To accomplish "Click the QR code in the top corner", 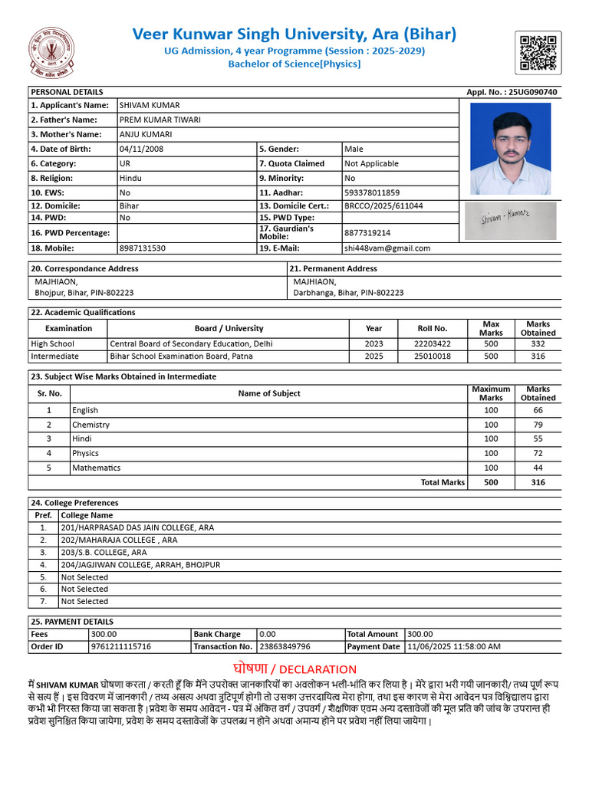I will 537,53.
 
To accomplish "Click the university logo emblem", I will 53,54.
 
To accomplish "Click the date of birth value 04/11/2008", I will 141,149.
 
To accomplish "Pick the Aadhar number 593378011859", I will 372,192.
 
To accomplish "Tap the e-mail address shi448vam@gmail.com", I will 387,248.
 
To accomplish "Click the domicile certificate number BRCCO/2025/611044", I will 383,206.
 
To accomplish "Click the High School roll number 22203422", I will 432,344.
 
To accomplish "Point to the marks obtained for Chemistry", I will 538,425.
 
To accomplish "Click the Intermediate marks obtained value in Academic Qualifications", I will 538,356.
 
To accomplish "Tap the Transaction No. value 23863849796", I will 285,647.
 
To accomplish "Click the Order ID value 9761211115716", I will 120,647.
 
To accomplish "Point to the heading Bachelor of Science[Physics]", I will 294,64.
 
